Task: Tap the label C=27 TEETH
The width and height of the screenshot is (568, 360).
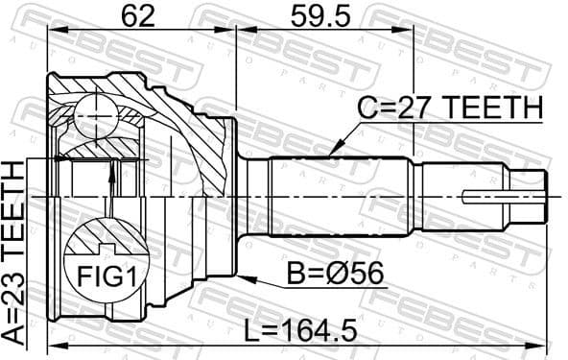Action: [x=452, y=108]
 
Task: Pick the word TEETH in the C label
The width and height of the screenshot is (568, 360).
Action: [x=495, y=108]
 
